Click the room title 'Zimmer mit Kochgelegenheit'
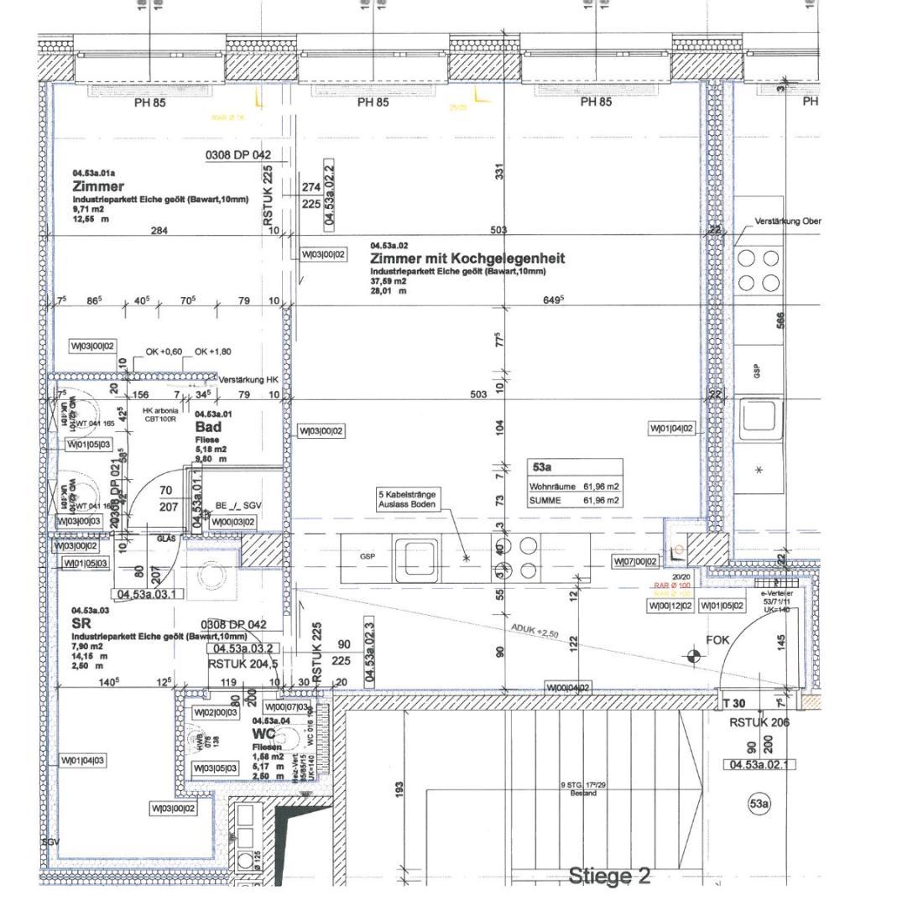[467, 258]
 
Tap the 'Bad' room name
[207, 427]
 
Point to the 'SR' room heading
[81, 623]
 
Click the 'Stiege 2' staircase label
[609, 877]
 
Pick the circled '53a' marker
[758, 804]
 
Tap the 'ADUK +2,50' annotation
[534, 630]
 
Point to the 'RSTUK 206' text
[759, 721]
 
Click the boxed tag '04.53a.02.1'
[759, 764]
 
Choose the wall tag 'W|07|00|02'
[636, 561]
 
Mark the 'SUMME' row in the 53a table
[575, 500]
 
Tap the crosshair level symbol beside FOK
[693, 655]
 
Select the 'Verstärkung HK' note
[248, 380]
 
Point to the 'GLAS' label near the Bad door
[166, 539]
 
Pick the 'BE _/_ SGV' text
[238, 507]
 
